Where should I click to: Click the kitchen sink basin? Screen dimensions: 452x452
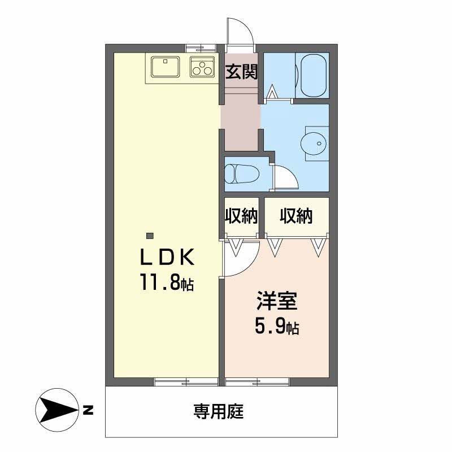click(165, 67)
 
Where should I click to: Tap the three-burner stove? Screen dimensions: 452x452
click(202, 67)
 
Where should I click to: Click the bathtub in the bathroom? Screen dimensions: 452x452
click(313, 75)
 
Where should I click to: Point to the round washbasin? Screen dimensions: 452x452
click(315, 144)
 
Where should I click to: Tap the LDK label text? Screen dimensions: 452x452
click(167, 257)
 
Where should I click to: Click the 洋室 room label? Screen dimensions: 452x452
click(277, 301)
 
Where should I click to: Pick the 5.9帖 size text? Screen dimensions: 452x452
click(277, 326)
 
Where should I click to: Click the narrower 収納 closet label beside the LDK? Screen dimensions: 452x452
click(241, 216)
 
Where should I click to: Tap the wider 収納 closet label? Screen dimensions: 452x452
click(296, 216)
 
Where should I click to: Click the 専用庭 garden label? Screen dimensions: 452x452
click(219, 411)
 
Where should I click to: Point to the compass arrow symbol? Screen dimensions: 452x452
click(57, 410)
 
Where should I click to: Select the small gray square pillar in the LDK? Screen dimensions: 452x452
click(150, 236)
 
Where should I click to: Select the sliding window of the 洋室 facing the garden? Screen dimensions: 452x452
click(257, 382)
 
